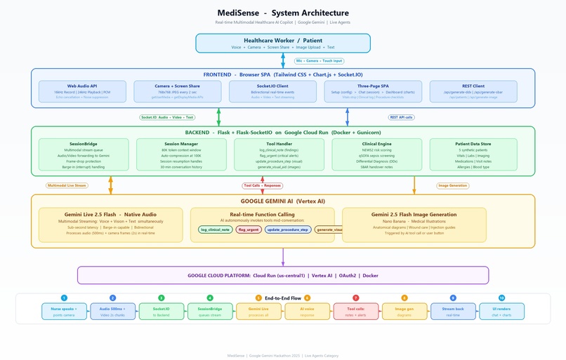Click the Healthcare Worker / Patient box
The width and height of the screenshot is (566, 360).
(x=282, y=44)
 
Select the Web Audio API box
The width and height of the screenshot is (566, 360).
(x=82, y=91)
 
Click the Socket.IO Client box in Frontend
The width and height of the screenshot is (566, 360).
(x=263, y=91)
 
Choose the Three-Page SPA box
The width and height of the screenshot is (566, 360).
(x=373, y=91)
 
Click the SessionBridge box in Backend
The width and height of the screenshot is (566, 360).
(x=83, y=155)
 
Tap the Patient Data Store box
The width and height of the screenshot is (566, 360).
(x=473, y=155)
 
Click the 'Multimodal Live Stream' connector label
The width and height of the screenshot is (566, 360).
(x=66, y=186)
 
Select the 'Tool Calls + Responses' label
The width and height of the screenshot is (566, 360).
(x=262, y=186)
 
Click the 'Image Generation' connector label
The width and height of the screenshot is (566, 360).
(x=452, y=186)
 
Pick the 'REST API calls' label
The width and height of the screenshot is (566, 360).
(x=401, y=117)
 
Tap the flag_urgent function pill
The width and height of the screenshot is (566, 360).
(x=249, y=229)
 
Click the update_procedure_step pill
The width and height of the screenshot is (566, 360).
(x=288, y=229)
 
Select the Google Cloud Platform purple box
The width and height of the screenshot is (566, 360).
(x=282, y=275)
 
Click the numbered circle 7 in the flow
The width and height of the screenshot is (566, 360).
(x=355, y=298)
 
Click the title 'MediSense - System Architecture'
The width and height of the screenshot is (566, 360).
(x=282, y=13)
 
